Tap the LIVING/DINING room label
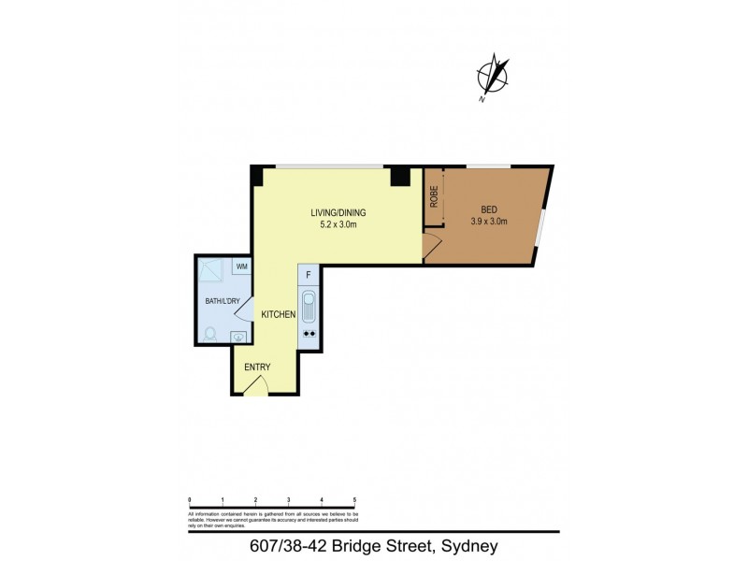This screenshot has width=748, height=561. (337, 212)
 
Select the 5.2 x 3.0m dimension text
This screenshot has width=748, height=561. (337, 224)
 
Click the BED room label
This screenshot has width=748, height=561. (489, 209)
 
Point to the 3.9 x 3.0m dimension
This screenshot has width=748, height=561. (489, 222)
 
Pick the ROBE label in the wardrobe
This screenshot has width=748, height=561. (434, 196)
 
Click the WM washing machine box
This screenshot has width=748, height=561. (241, 266)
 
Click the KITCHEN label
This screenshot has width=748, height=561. (279, 314)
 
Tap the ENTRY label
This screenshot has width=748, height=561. (257, 367)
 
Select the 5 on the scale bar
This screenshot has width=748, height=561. (354, 501)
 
